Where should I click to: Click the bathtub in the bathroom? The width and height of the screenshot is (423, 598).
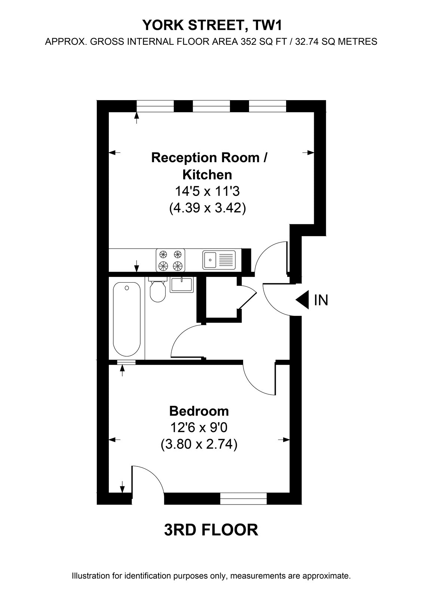point(127,319)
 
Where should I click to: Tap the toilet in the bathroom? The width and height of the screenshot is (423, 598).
point(158,289)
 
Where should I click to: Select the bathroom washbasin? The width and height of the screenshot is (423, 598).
point(182,285)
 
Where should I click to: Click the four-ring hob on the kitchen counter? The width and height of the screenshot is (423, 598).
point(171,260)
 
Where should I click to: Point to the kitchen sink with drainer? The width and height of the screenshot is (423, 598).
point(219,260)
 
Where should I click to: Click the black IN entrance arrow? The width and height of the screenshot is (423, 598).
point(302,300)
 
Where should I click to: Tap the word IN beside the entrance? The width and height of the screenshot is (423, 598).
point(321,300)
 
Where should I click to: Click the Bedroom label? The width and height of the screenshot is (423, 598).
point(199,411)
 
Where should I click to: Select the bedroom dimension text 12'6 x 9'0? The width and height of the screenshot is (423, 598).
point(199,428)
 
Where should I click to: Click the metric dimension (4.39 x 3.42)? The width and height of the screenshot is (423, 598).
point(207,208)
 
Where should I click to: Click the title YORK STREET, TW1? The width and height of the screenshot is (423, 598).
point(212,25)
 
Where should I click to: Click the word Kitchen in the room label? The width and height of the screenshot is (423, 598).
point(207,175)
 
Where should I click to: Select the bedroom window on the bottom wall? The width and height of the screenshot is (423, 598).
point(243,499)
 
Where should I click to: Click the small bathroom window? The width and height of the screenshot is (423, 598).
point(126,362)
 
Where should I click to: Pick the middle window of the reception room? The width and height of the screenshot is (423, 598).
point(211,106)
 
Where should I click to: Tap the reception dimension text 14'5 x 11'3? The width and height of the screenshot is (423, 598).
point(207,191)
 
